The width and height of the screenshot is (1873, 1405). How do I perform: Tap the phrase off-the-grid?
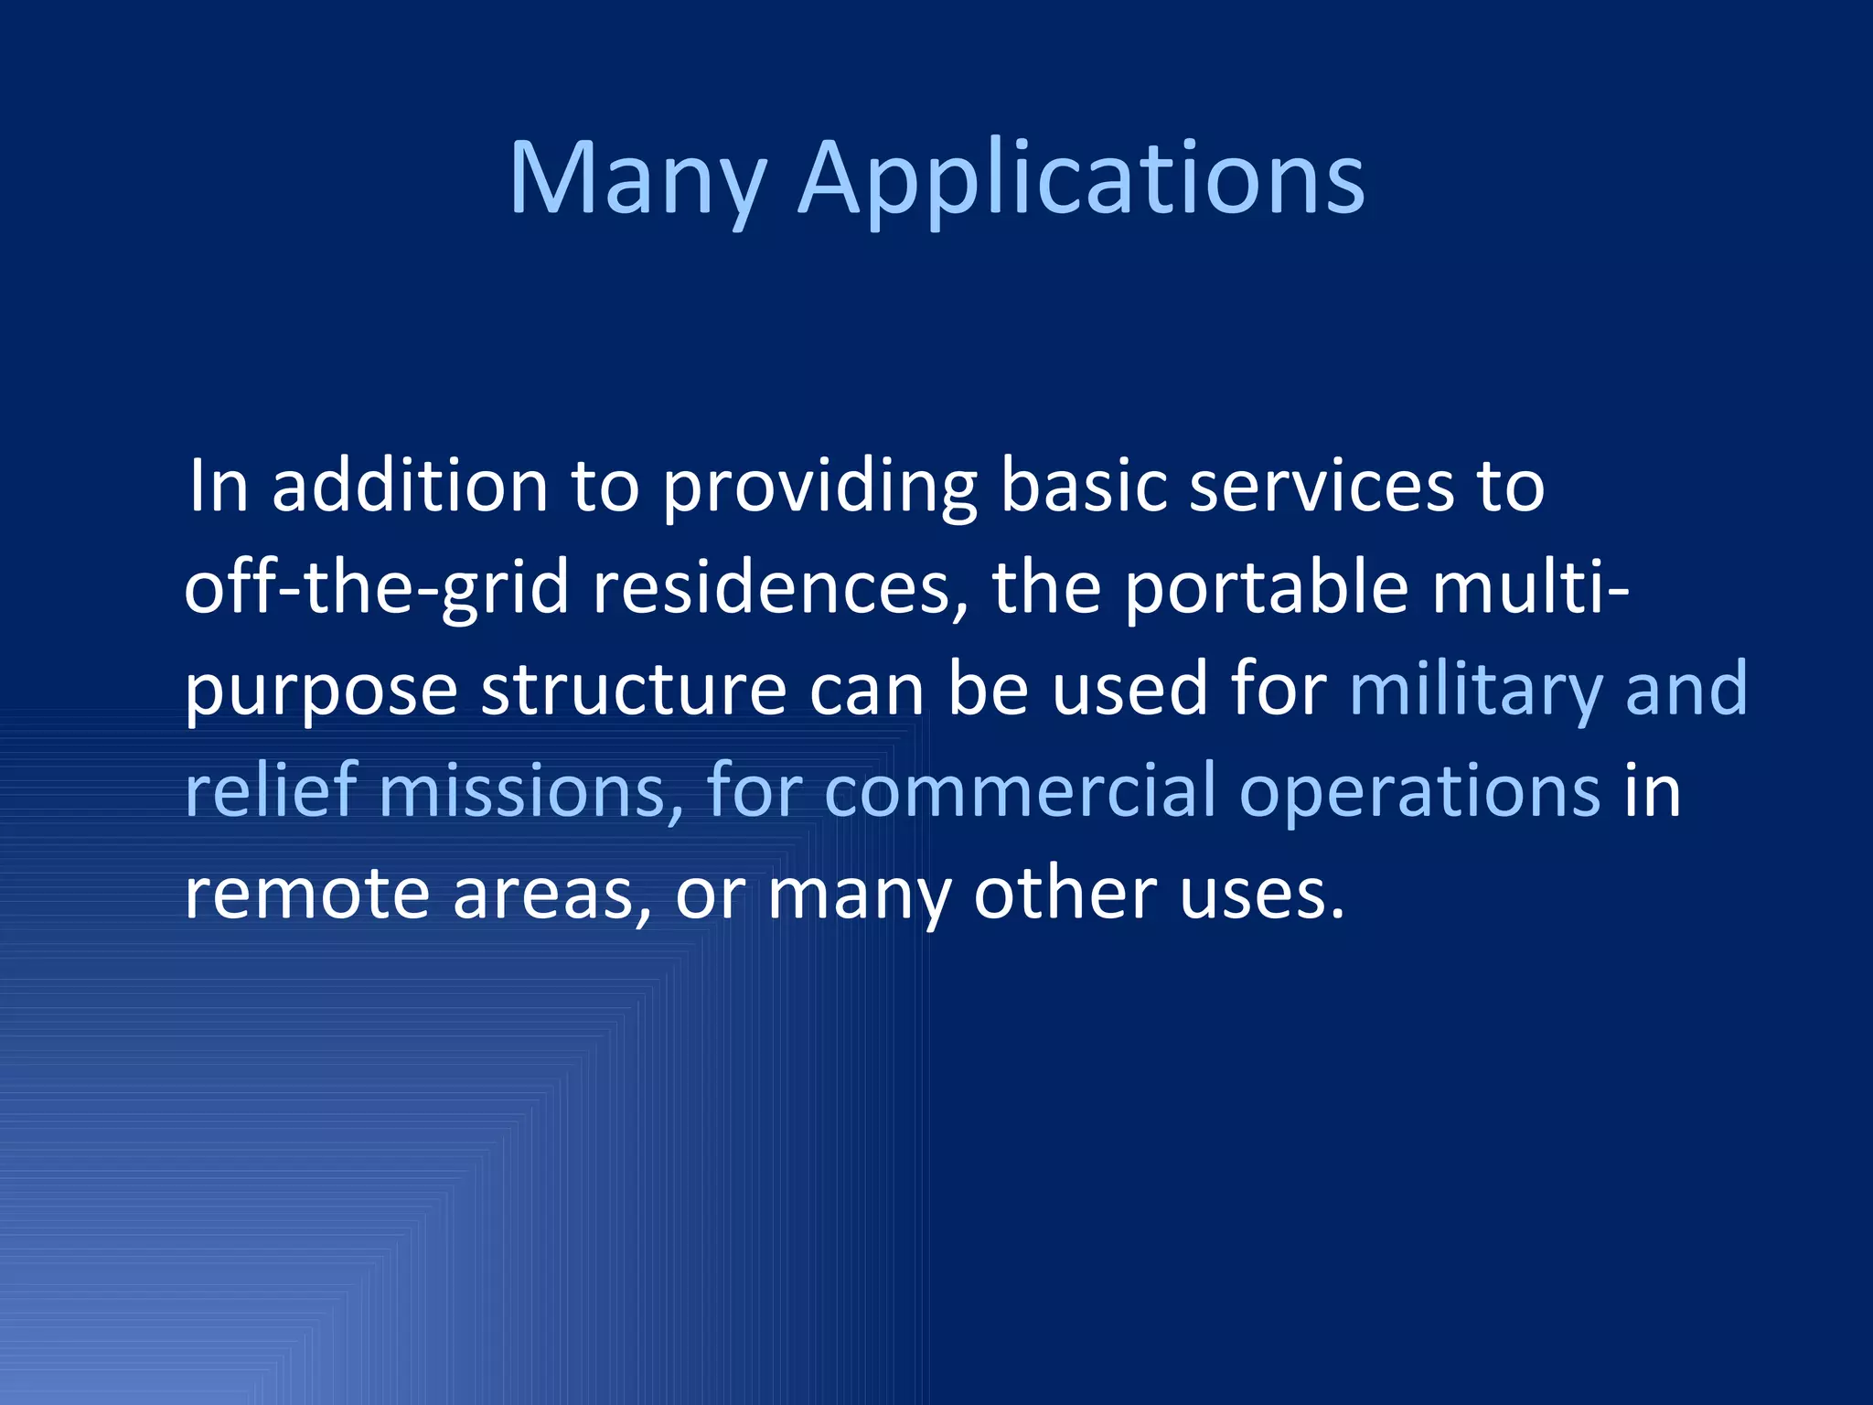[x=377, y=588]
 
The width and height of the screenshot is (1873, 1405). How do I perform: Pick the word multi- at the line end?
[x=1530, y=588]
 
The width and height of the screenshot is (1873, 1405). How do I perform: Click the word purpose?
[x=320, y=692]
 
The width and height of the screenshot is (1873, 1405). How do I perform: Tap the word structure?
[x=633, y=690]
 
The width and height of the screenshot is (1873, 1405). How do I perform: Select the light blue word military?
[x=1474, y=690]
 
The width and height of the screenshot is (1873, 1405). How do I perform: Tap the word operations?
[x=1418, y=792]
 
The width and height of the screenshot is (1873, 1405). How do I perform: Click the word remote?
[x=306, y=894]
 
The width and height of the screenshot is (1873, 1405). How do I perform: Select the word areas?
[x=551, y=894]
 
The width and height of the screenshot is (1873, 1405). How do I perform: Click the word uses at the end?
[x=1260, y=894]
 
